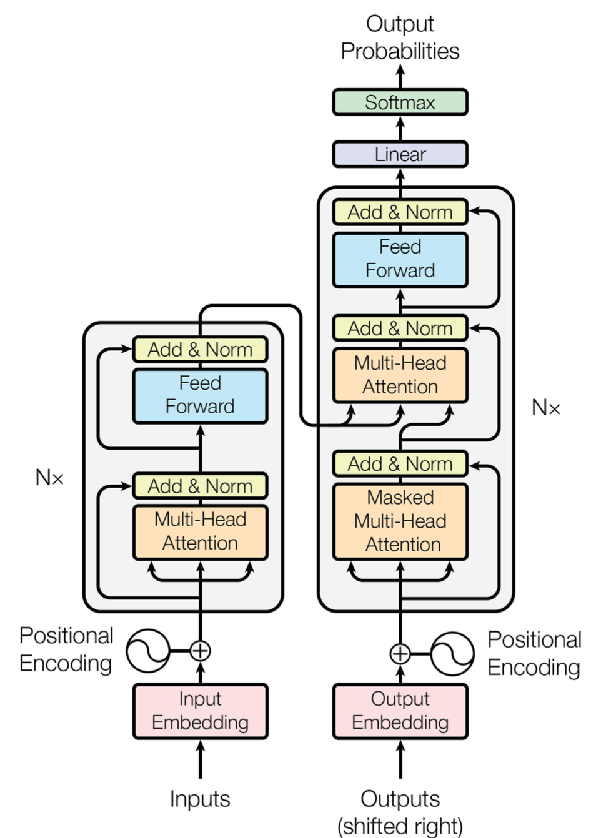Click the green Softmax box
tap(400, 102)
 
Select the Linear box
tap(400, 154)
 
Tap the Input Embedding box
tap(200, 711)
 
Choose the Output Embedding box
tap(400, 711)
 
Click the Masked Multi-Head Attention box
tap(400, 521)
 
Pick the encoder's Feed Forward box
tap(200, 395)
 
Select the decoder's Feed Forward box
tap(400, 259)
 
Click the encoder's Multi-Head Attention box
tap(200, 531)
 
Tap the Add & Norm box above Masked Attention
tap(400, 464)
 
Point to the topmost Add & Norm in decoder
tap(400, 212)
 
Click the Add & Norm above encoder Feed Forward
tap(200, 350)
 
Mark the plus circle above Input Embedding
tap(200, 651)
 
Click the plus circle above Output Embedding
tap(400, 654)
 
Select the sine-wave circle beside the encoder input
tap(148, 651)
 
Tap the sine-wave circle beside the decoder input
tap(452, 654)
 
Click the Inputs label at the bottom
tap(200, 799)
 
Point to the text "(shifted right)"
tap(400, 826)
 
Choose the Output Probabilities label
tap(400, 37)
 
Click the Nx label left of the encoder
tap(49, 478)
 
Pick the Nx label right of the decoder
tap(545, 408)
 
